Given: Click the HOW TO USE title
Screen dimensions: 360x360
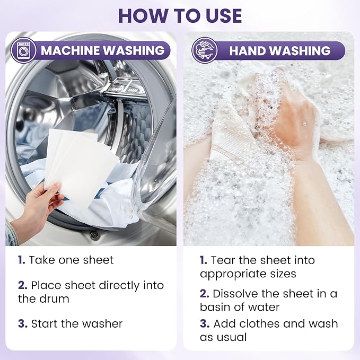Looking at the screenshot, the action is (x=180, y=15).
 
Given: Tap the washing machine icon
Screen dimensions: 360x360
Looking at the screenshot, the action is (x=23, y=50).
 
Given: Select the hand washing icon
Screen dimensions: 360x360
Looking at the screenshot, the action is (x=204, y=50).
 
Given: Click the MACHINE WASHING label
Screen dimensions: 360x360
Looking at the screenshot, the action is (x=103, y=50).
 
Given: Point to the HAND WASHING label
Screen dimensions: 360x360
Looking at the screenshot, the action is (x=280, y=50).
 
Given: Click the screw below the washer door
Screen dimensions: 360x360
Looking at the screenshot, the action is (x=94, y=235).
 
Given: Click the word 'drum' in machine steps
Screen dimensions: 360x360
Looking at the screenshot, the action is (x=56, y=298).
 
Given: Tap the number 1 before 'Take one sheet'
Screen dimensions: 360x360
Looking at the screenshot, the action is (x=21, y=260).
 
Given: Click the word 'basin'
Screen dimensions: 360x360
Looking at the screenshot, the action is (x=214, y=307).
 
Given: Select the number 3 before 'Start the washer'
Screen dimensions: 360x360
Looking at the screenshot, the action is (x=23, y=324).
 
